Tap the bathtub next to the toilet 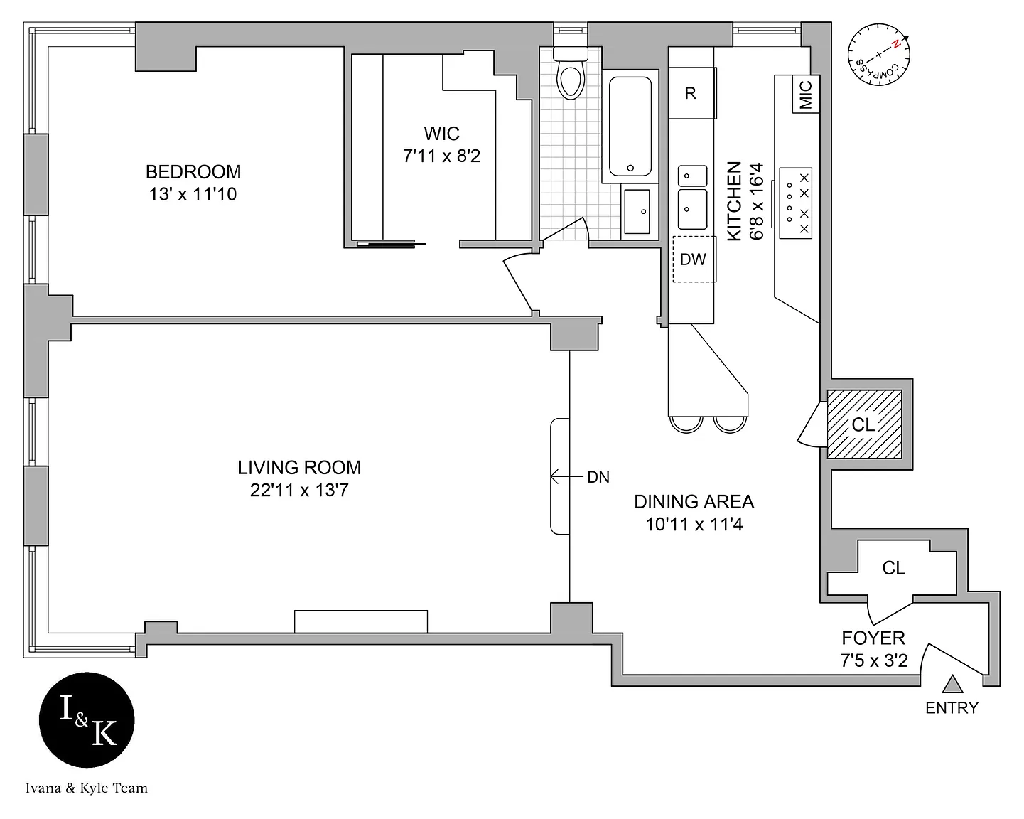click(629, 127)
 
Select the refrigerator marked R click(691, 93)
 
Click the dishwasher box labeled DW click(694, 259)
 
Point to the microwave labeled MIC click(806, 95)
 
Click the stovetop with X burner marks click(795, 203)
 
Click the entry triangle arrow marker click(952, 684)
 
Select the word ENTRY click(952, 708)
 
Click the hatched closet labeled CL click(864, 424)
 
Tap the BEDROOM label click(193, 172)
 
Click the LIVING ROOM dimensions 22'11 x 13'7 click(299, 491)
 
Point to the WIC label click(441, 134)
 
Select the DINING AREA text click(694, 502)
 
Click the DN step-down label click(598, 478)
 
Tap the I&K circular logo click(87, 721)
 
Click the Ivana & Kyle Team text click(87, 788)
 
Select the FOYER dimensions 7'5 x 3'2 click(874, 660)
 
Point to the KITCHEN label click(735, 201)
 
